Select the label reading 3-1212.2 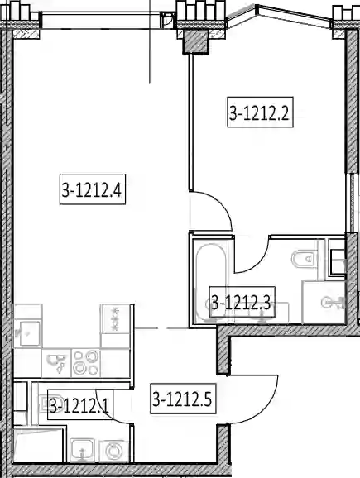point(260,112)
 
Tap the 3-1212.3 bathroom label point(242,302)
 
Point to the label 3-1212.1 point(80,404)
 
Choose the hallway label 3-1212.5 point(183,399)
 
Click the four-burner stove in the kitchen point(86,362)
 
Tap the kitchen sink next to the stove point(56,363)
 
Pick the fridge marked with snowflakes point(115,319)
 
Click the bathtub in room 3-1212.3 point(211,282)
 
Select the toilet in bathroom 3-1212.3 point(305,260)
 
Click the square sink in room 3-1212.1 point(81,451)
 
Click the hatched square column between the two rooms point(195,42)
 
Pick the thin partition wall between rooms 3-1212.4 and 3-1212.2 point(190,122)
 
